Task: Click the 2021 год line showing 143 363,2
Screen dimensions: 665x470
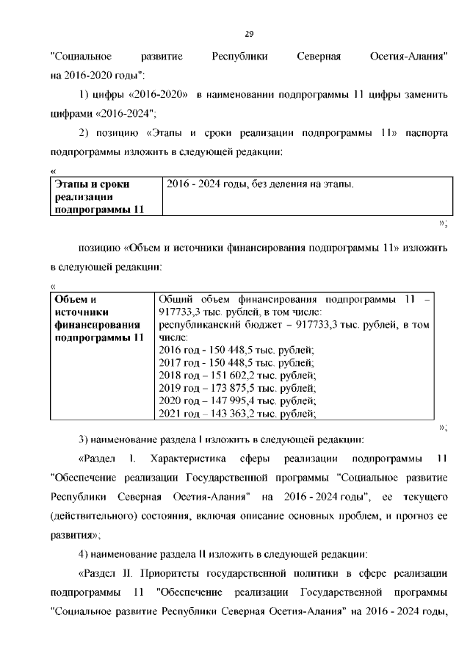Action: pos(237,414)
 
